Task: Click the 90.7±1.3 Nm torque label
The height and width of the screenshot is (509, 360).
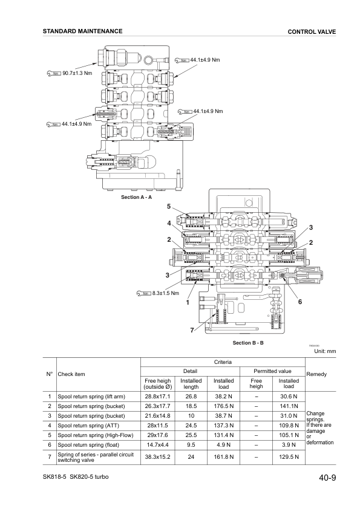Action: point(77,73)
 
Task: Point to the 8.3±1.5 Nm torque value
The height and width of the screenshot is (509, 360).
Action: point(164,293)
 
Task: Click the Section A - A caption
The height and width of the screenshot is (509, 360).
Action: point(136,197)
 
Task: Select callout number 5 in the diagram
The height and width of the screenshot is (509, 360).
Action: point(169,207)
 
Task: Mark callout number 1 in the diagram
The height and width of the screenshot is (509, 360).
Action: point(188,302)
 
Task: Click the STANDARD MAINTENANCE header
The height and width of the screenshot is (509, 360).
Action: point(82,31)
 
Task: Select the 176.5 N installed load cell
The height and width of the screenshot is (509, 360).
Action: point(224,406)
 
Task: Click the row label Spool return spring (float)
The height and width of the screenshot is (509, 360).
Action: point(88,445)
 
